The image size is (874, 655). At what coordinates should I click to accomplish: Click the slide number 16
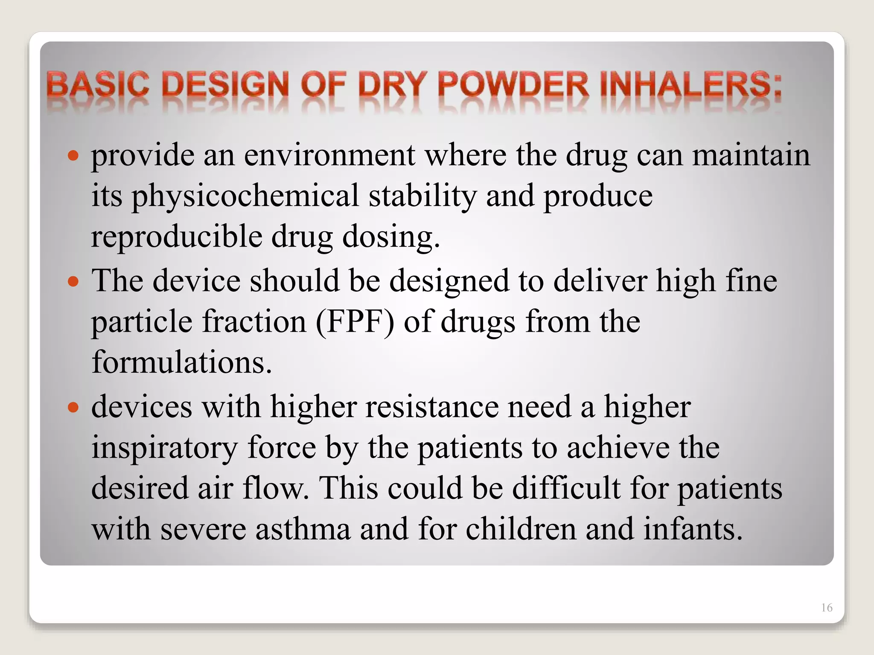(x=826, y=608)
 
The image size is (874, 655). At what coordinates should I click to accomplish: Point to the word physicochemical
(x=245, y=196)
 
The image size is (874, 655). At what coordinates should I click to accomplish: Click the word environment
(x=329, y=155)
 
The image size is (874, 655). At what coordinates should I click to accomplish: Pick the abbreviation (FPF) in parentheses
(x=355, y=322)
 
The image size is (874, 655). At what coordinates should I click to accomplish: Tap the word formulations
(x=181, y=362)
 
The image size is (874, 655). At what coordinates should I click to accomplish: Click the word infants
(x=693, y=529)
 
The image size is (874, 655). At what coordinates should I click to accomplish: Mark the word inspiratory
(x=165, y=448)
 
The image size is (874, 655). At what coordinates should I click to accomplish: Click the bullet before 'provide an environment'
(x=73, y=156)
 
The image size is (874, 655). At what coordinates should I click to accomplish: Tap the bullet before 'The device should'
(x=73, y=281)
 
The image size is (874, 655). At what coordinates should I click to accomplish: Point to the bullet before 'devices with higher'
(x=73, y=407)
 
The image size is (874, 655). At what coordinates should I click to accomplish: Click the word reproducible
(x=176, y=237)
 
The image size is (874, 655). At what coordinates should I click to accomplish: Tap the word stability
(x=422, y=196)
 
